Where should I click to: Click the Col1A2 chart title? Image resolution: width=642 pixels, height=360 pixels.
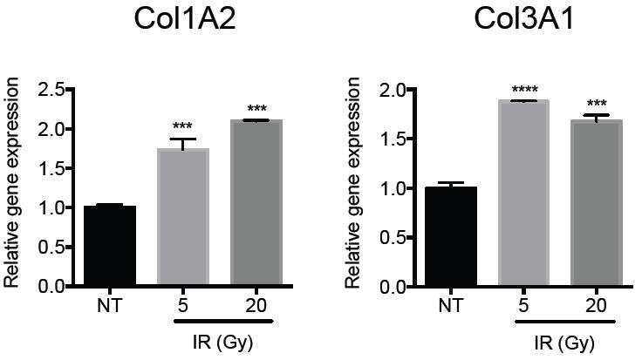pos(185,19)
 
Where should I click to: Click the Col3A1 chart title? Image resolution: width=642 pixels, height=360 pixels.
pos(524,19)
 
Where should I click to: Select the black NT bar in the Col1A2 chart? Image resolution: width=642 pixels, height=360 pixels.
pos(110,245)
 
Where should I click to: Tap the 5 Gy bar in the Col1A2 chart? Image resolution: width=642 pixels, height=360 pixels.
pos(183,216)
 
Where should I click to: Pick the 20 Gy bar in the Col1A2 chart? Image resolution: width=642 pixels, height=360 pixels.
pos(256,201)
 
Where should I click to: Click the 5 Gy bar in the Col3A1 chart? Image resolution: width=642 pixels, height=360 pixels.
pos(523,193)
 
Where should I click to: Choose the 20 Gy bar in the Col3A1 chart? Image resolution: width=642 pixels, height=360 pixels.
pos(597,202)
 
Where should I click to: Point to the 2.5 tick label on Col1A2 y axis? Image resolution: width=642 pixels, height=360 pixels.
pos(51,90)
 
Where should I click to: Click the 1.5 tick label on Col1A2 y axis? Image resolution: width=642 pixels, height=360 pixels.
pos(51,168)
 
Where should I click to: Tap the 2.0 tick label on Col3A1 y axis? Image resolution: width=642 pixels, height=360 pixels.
pos(392,90)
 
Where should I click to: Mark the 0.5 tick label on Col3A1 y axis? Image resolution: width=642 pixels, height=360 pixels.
pos(392,238)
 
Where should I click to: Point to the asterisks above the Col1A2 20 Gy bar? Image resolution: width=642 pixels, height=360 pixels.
pos(257,109)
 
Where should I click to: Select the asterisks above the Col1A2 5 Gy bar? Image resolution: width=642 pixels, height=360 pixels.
pos(182,126)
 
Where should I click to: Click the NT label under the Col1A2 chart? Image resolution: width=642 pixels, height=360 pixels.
pos(110,306)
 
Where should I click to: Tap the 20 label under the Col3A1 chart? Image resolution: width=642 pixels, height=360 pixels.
pos(597,306)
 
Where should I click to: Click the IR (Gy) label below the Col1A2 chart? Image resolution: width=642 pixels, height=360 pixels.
pos(222,343)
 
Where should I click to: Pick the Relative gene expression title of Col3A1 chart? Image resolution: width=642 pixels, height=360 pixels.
pos(352,182)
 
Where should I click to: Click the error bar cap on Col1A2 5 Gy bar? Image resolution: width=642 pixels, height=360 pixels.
pos(183,139)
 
